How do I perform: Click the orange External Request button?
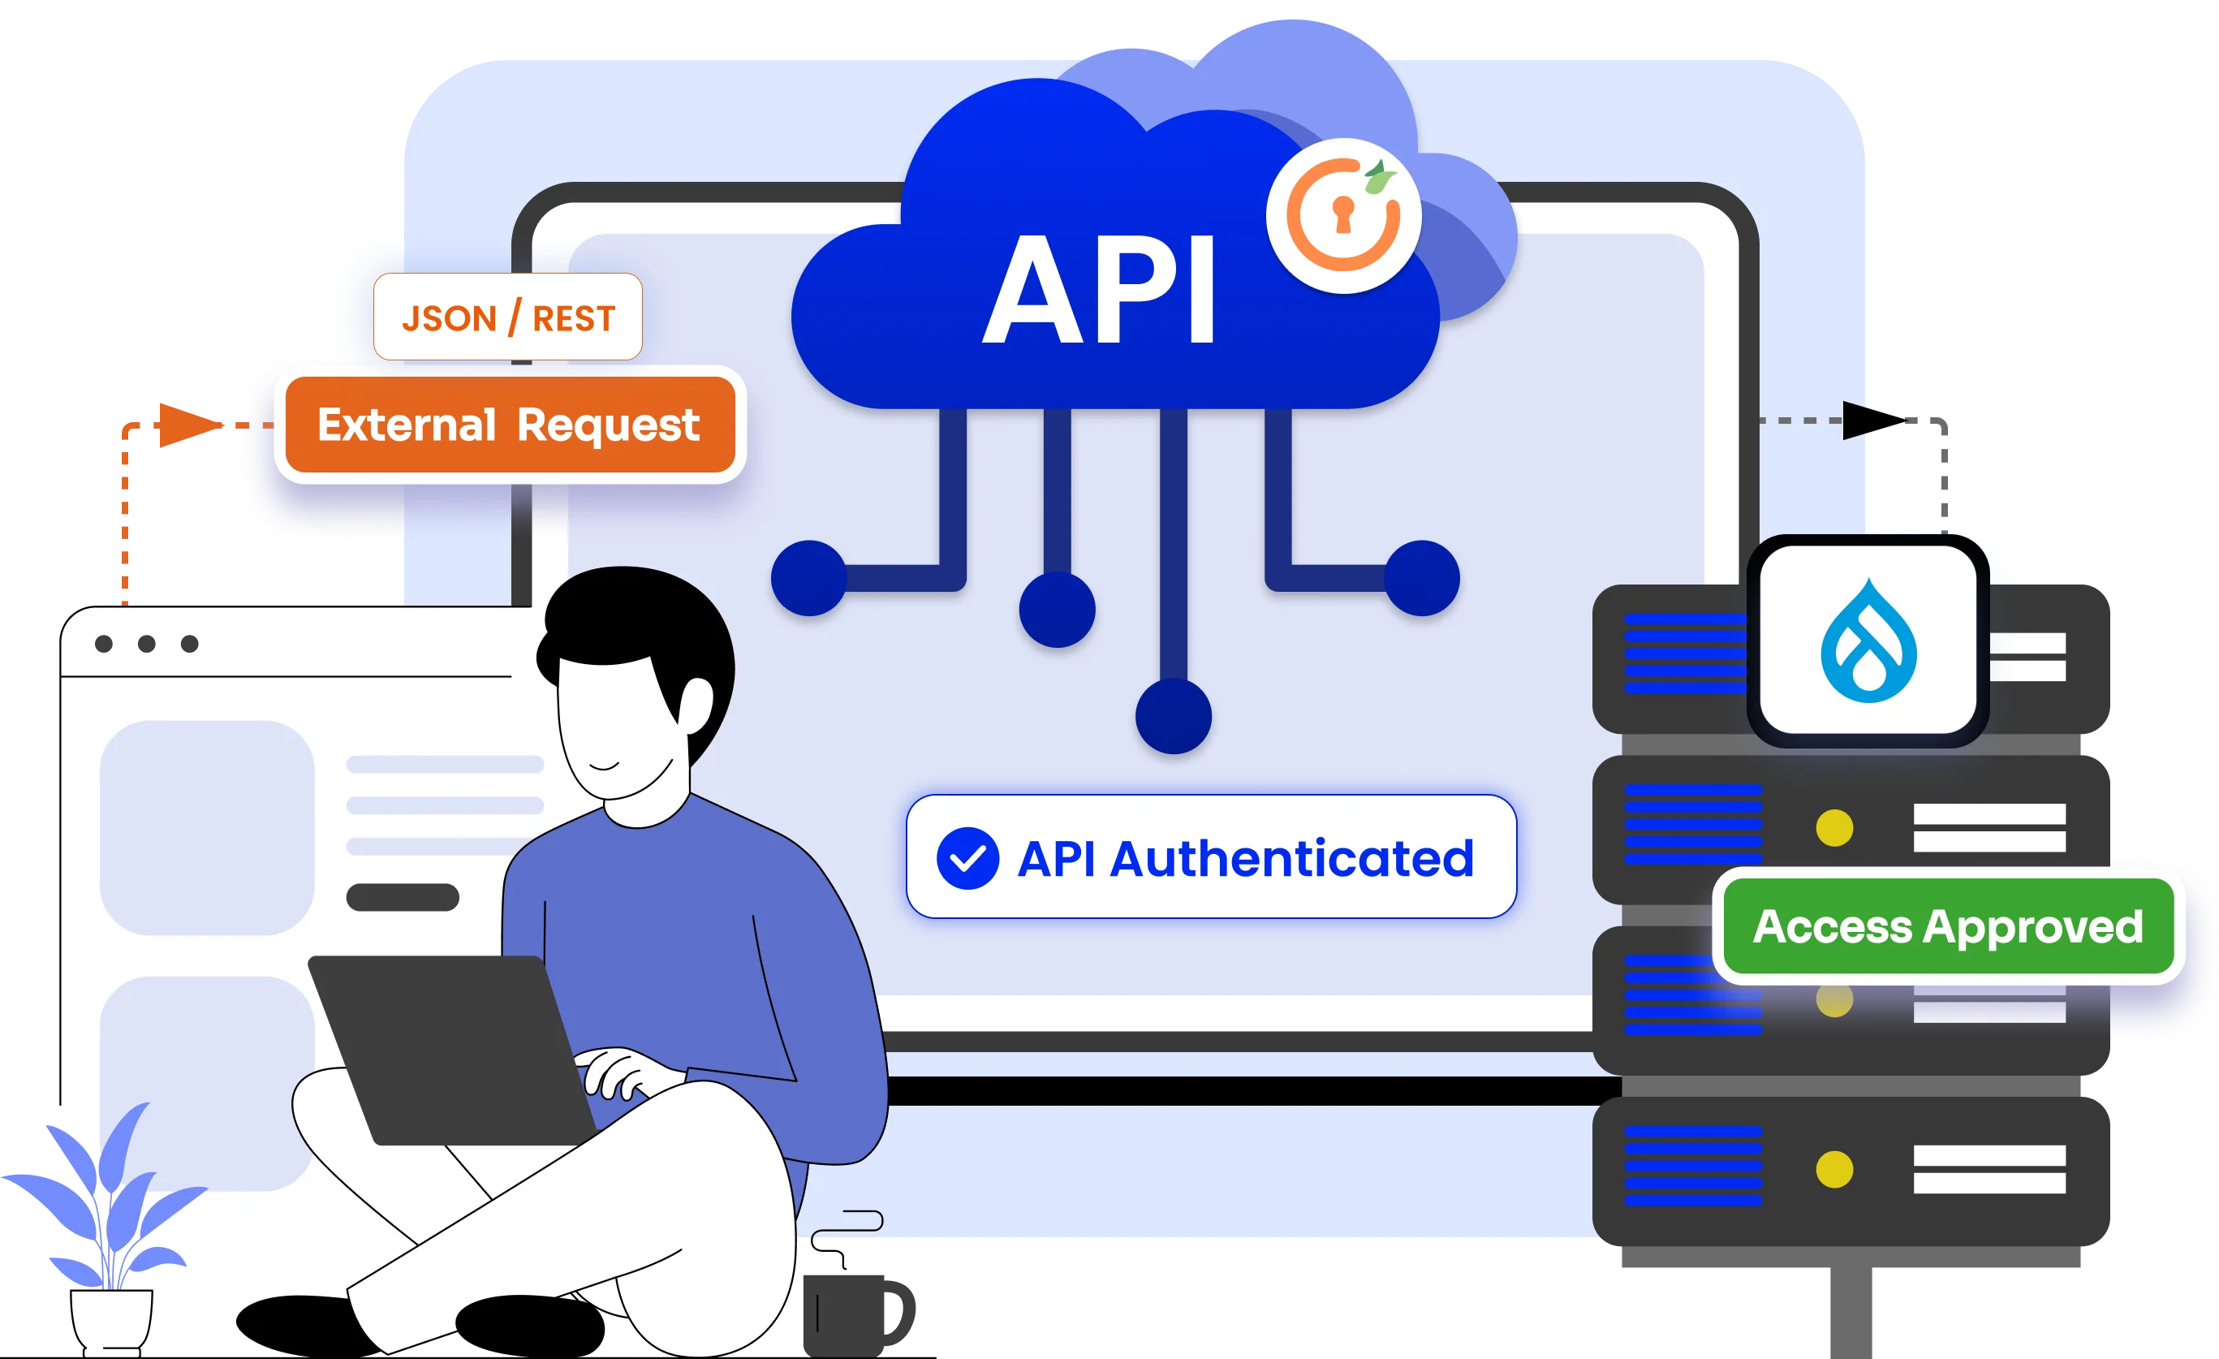coord(510,425)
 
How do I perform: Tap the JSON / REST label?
coord(508,318)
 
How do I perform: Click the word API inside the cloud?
coord(1099,290)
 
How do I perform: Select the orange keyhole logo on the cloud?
coord(1342,216)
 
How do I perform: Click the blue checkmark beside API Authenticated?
coord(967,858)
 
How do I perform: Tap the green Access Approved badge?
coord(1948,927)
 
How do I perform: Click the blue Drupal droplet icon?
coord(1868,642)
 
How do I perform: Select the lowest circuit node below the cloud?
coord(1173,717)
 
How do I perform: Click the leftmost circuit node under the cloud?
coord(808,578)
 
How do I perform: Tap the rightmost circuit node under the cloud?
coord(1421,578)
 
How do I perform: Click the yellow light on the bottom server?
coord(1834,1169)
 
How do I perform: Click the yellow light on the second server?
coord(1834,827)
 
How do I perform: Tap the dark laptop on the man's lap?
coord(450,1049)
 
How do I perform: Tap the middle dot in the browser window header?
coord(147,644)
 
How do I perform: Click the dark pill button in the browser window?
coord(403,897)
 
